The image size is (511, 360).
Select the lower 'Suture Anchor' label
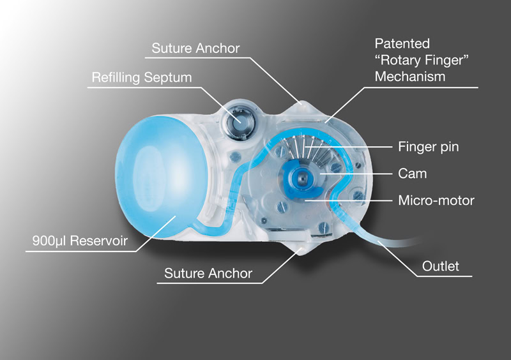point(208,274)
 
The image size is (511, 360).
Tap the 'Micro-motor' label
point(436,200)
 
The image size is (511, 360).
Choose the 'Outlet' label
point(441,266)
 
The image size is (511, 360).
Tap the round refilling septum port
point(241,119)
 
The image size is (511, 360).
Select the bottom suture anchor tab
point(298,251)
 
